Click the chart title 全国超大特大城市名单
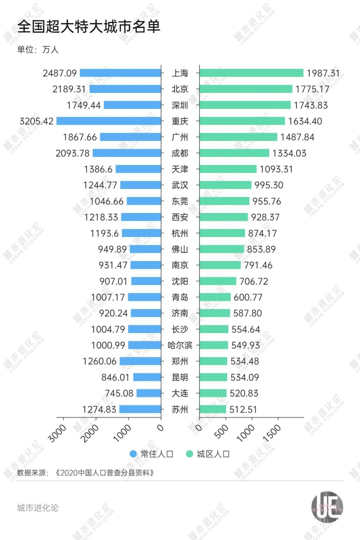[89, 27]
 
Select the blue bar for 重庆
[109, 121]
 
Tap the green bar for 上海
[251, 73]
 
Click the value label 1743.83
[311, 105]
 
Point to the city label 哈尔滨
[180, 345]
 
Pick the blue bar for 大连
[149, 393]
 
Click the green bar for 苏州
[213, 409]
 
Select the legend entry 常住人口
[152, 454]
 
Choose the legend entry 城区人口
[208, 454]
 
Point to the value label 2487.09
[60, 73]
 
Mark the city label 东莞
[180, 201]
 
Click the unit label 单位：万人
[38, 50]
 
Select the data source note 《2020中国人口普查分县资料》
[104, 473]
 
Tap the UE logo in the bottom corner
[327, 507]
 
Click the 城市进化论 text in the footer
[38, 508]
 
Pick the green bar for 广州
[238, 137]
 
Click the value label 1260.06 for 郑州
[100, 361]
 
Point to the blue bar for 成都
[127, 153]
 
